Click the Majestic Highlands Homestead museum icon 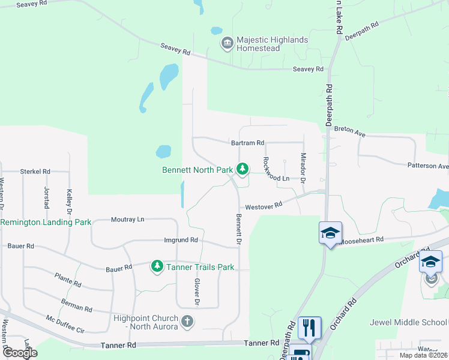227,42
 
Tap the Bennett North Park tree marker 242,170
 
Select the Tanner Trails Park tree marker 157,266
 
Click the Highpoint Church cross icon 187,321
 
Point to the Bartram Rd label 247,143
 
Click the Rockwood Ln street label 277,178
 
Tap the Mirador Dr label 303,168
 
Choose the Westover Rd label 264,206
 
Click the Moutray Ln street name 128,220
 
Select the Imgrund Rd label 181,240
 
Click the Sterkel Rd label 35,171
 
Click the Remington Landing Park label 46,222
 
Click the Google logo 20,353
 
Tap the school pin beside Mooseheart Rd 330,233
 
